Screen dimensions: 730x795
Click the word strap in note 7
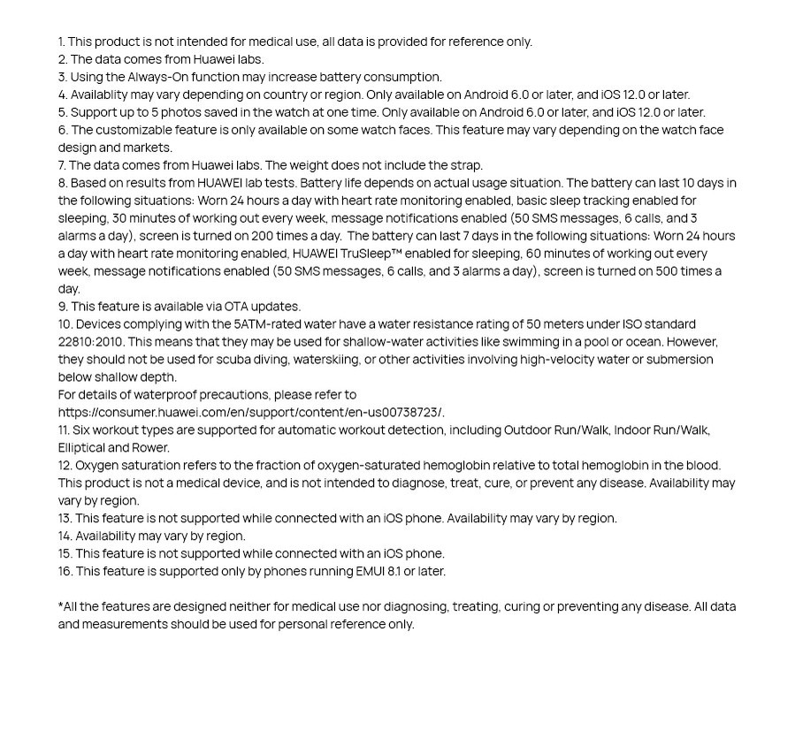464,165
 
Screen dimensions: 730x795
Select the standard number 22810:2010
91,342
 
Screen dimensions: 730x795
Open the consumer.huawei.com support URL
251,413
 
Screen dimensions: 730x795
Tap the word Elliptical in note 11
82,448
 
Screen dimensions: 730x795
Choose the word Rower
151,448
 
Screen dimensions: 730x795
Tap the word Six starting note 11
81,430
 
